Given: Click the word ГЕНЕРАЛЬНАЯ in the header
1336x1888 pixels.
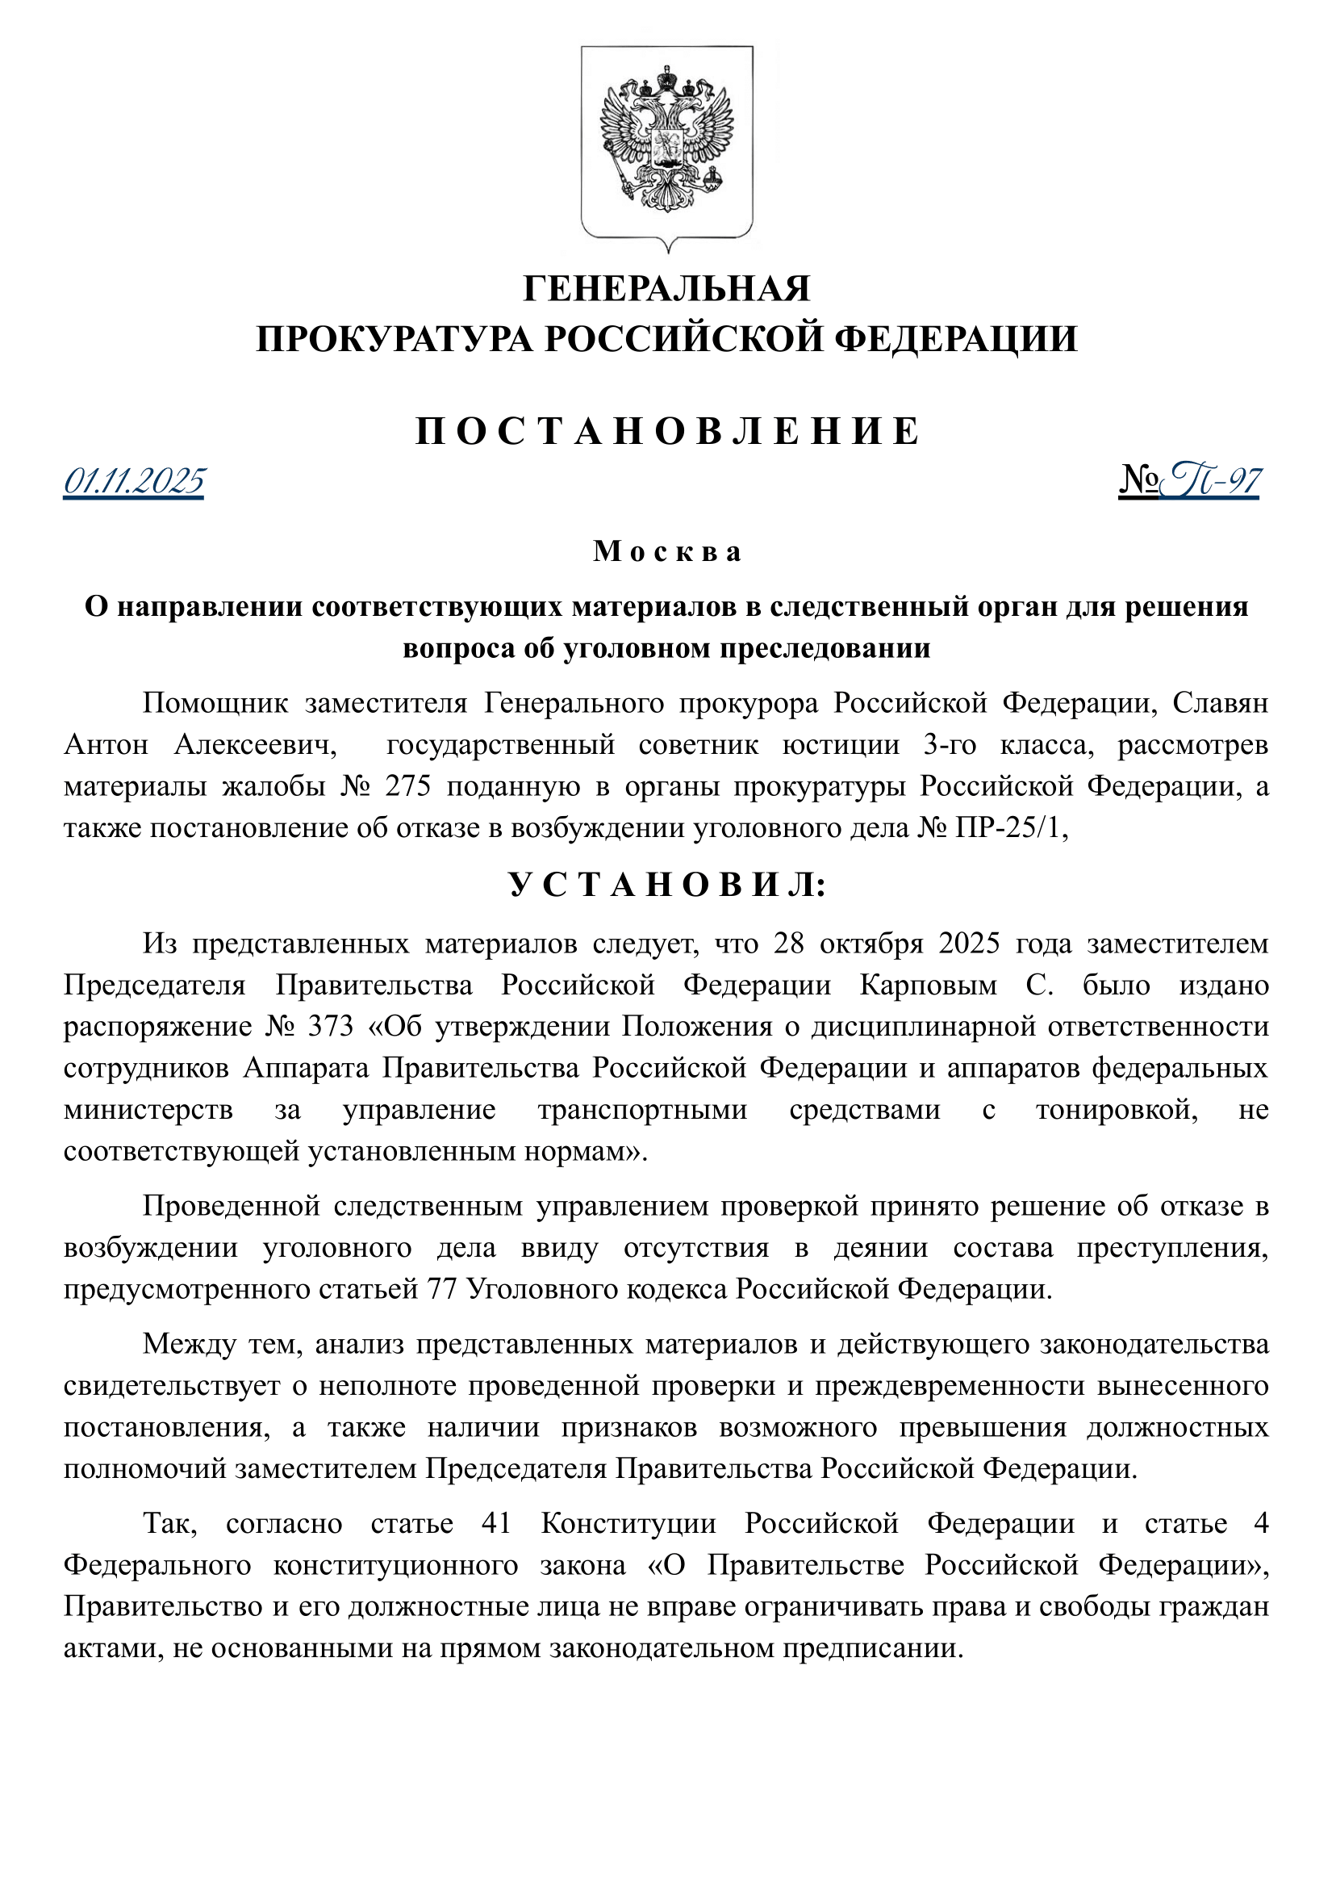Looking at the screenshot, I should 667,289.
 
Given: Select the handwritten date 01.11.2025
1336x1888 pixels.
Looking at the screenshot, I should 134,481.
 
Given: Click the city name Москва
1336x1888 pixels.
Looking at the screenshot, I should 667,551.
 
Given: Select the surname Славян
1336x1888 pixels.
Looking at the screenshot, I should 1220,704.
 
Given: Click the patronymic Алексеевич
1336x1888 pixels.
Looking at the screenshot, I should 256,745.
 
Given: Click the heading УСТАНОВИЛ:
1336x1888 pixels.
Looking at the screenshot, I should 667,885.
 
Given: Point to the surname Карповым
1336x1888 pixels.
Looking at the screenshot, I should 928,985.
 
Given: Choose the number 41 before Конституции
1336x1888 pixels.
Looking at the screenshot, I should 496,1524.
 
